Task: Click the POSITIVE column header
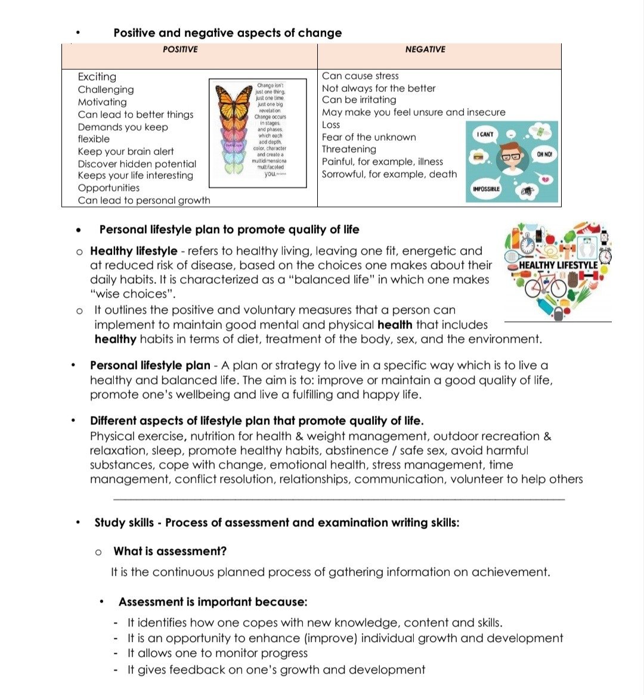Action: tap(180, 49)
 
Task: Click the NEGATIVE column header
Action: tap(425, 49)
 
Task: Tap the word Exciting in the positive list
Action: tap(97, 77)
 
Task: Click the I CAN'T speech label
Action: tap(485, 135)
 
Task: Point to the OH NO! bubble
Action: tap(544, 154)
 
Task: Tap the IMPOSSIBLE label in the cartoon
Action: tap(487, 189)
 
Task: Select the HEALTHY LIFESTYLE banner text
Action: tap(558, 265)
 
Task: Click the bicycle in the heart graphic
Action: tap(545, 286)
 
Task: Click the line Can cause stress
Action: tap(360, 76)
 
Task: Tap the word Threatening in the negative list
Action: tap(349, 149)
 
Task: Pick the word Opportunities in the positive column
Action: tap(109, 188)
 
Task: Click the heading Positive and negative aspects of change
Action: tap(228, 33)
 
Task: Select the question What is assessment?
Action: tap(170, 551)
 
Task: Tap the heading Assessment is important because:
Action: tap(213, 602)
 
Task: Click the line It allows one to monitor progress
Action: tap(218, 653)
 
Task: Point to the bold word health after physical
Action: tap(395, 325)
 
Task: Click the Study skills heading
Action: tap(277, 523)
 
